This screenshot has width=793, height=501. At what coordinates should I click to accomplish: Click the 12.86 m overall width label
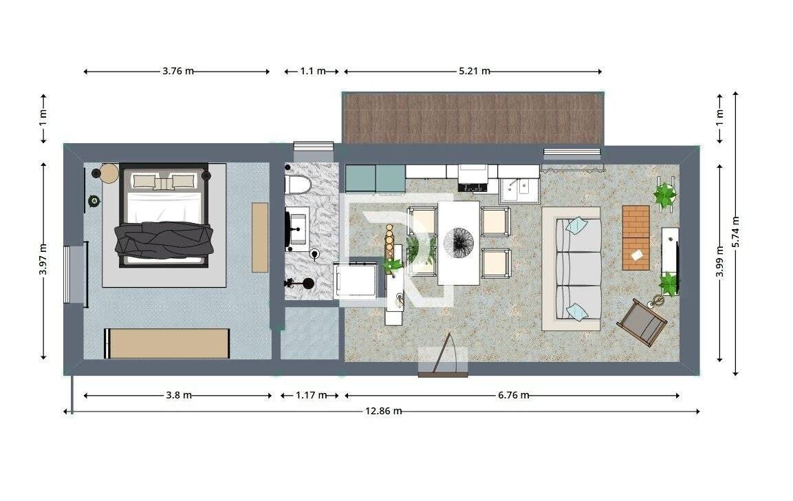pyautogui.click(x=383, y=411)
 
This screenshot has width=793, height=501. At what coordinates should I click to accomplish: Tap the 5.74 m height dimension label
pyautogui.click(x=735, y=232)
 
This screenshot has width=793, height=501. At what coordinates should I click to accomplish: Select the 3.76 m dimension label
pyautogui.click(x=178, y=72)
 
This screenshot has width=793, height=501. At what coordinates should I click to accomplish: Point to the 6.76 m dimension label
pyautogui.click(x=513, y=395)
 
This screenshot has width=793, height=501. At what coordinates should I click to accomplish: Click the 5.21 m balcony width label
pyautogui.click(x=475, y=72)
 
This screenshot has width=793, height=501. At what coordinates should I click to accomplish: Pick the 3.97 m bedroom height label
pyautogui.click(x=43, y=259)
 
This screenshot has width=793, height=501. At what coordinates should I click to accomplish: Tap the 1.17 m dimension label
pyautogui.click(x=311, y=395)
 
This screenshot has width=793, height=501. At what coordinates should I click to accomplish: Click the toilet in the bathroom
pyautogui.click(x=298, y=184)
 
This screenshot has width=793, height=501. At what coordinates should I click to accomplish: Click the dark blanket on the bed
pyautogui.click(x=164, y=238)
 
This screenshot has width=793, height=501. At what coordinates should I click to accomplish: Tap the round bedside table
pyautogui.click(x=109, y=173)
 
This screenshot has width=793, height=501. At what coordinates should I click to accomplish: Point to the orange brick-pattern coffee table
pyautogui.click(x=636, y=237)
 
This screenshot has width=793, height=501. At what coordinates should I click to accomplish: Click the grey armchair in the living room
pyautogui.click(x=642, y=322)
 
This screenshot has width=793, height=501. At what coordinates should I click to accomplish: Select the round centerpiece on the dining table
pyautogui.click(x=458, y=242)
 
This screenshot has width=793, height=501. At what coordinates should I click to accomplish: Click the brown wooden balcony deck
pyautogui.click(x=473, y=118)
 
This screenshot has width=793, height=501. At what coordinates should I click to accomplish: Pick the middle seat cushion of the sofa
pyautogui.click(x=578, y=268)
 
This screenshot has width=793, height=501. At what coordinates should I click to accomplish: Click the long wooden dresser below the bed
pyautogui.click(x=167, y=343)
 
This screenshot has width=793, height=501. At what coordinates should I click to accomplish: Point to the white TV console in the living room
pyautogui.click(x=670, y=261)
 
